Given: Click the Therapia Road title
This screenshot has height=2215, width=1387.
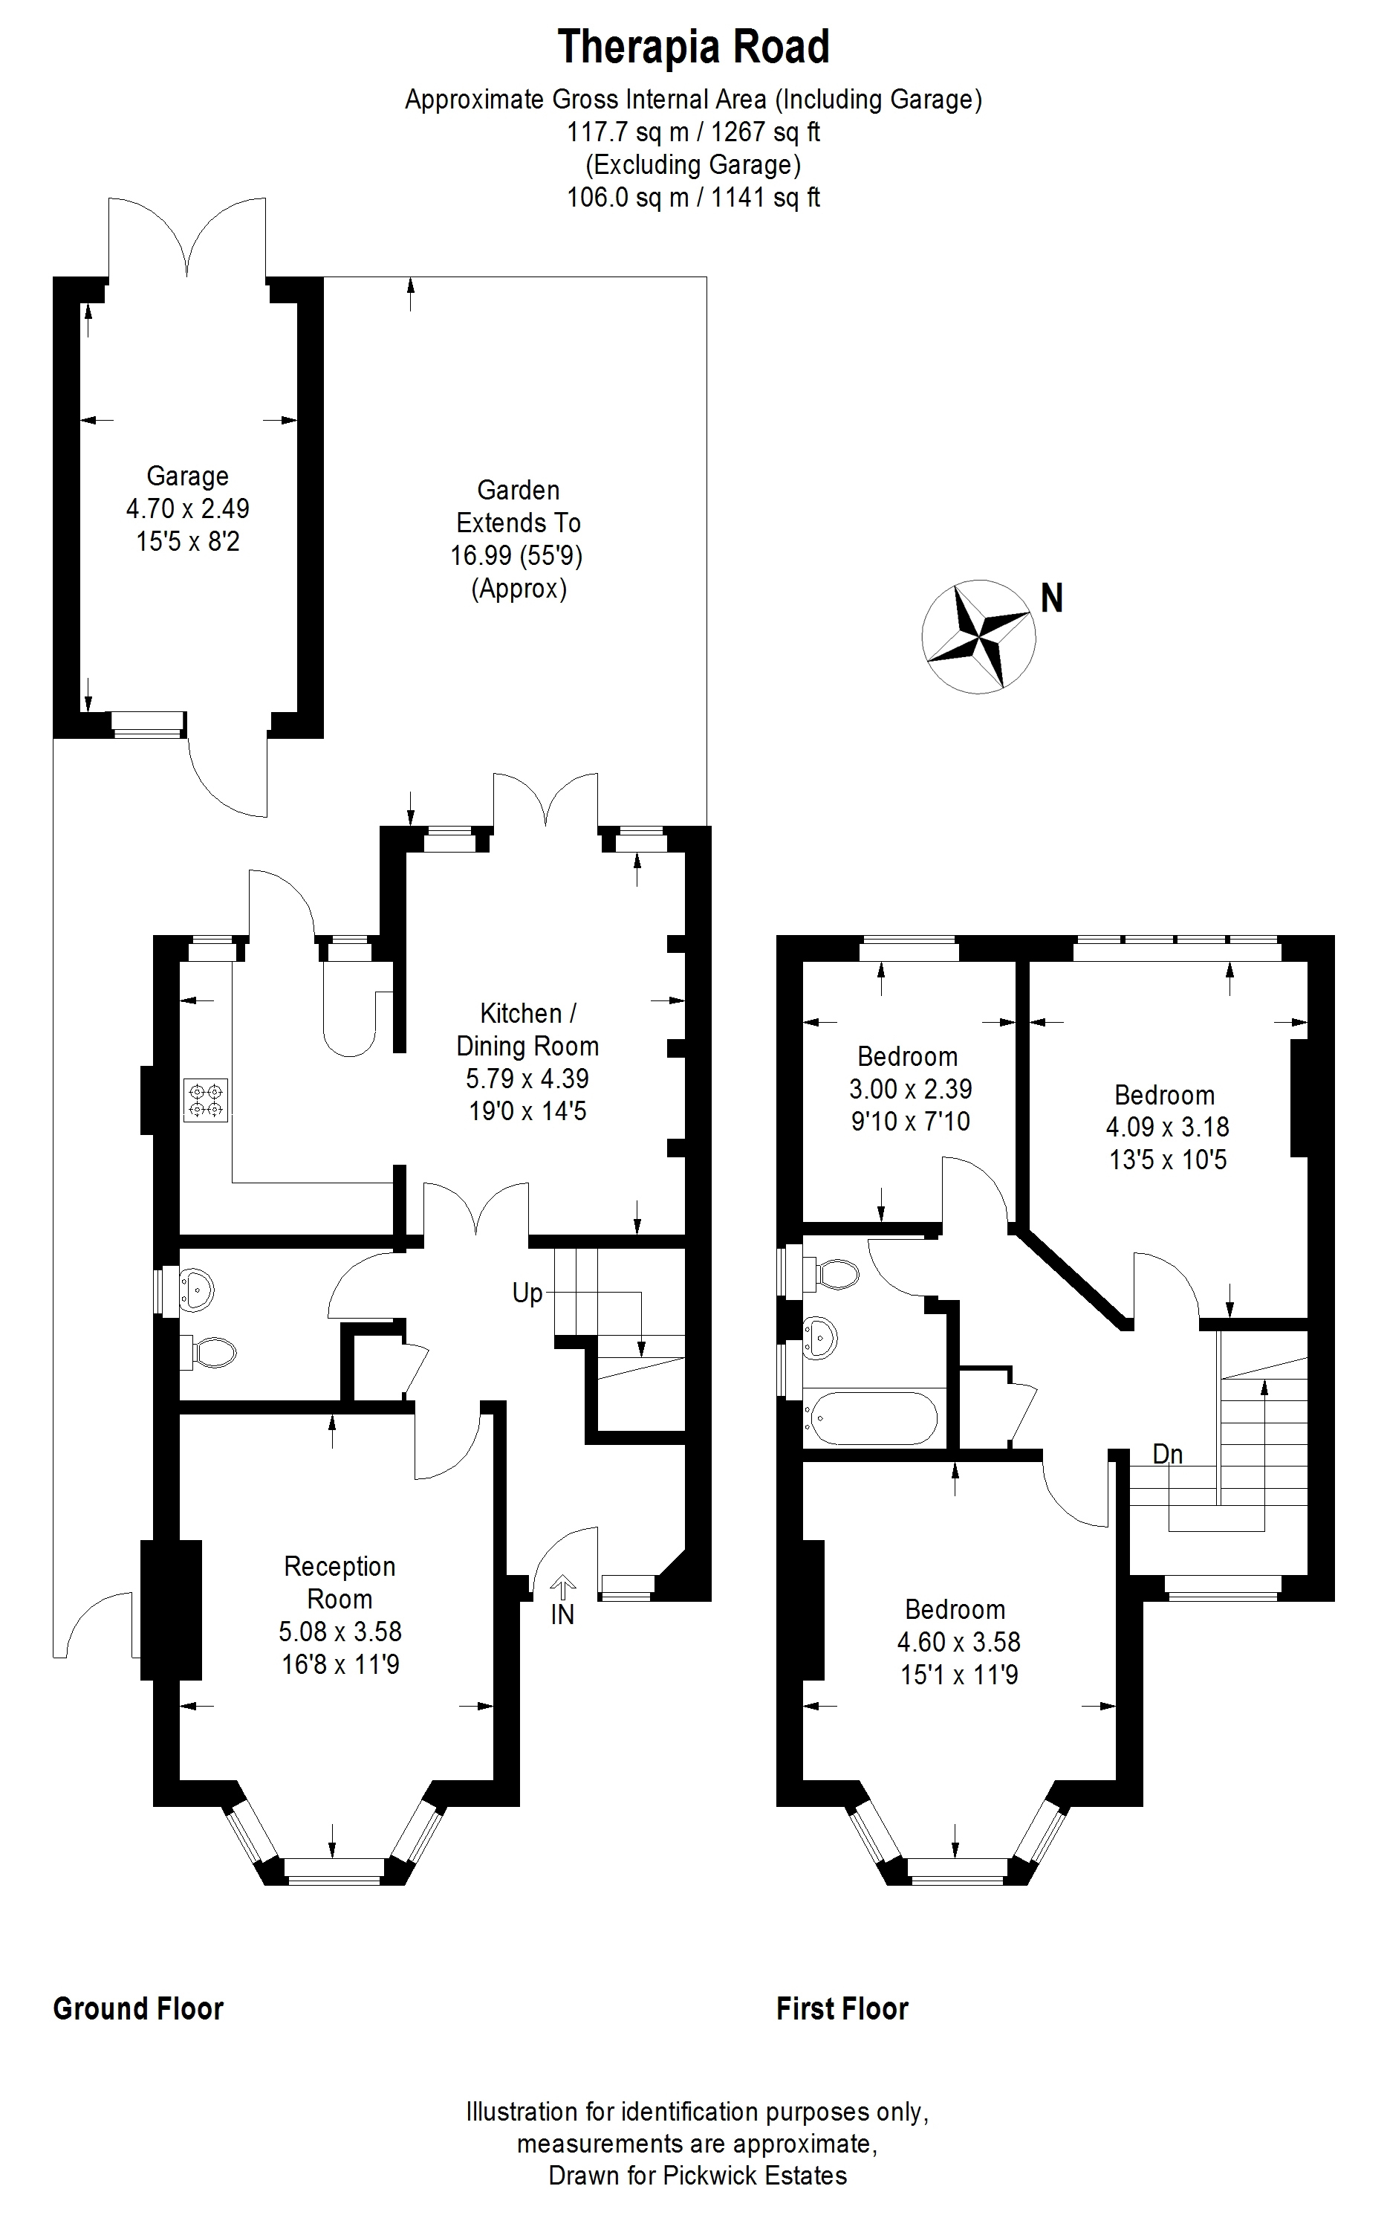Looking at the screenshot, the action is (x=694, y=48).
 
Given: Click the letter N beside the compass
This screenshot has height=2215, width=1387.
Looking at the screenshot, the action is (x=1051, y=598).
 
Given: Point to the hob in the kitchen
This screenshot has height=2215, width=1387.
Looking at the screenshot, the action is (x=207, y=1101).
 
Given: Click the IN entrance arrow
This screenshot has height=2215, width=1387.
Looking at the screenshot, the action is (x=562, y=1585).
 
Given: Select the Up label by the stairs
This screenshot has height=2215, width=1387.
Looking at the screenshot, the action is (x=527, y=1294).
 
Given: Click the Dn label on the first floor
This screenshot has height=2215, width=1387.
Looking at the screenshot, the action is (x=1168, y=1455).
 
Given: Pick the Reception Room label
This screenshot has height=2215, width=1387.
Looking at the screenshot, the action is (x=340, y=1582).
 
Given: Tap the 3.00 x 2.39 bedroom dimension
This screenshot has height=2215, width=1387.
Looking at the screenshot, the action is (x=910, y=1088).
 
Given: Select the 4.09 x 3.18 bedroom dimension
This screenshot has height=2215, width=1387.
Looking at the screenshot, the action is (x=1167, y=1127).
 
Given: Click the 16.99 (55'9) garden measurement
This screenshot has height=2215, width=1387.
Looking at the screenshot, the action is (x=516, y=555).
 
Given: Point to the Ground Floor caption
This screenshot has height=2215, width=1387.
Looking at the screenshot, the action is (x=138, y=2008).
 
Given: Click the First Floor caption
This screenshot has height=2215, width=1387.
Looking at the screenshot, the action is (x=842, y=2008).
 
